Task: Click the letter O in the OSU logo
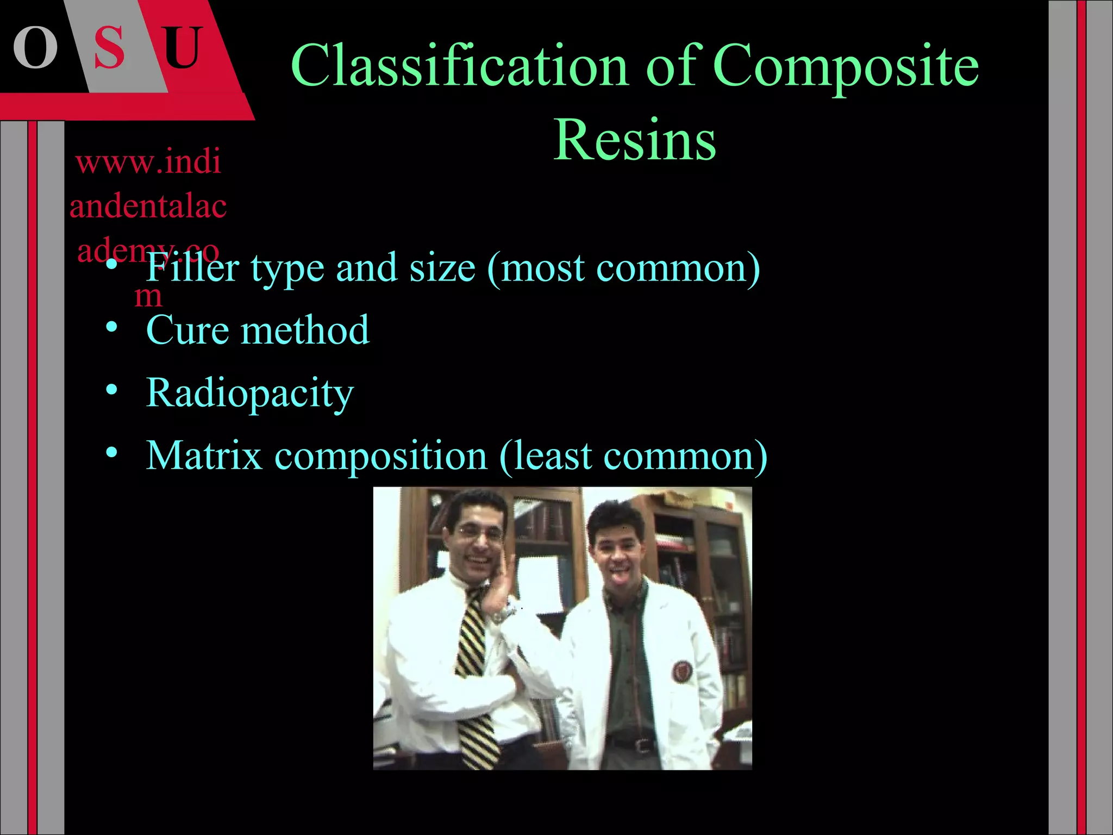pyautogui.click(x=35, y=48)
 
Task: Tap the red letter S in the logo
pyautogui.click(x=110, y=48)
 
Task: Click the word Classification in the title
pyautogui.click(x=460, y=66)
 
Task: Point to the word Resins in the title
pyautogui.click(x=635, y=140)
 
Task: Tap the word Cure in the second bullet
pyautogui.click(x=187, y=330)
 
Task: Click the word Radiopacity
pyautogui.click(x=250, y=394)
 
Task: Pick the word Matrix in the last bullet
pyautogui.click(x=204, y=455)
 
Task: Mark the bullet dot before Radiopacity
pyautogui.click(x=111, y=390)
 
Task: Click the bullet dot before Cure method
pyautogui.click(x=111, y=327)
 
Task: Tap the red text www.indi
pyautogui.click(x=148, y=161)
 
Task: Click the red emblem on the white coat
pyautogui.click(x=681, y=672)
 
